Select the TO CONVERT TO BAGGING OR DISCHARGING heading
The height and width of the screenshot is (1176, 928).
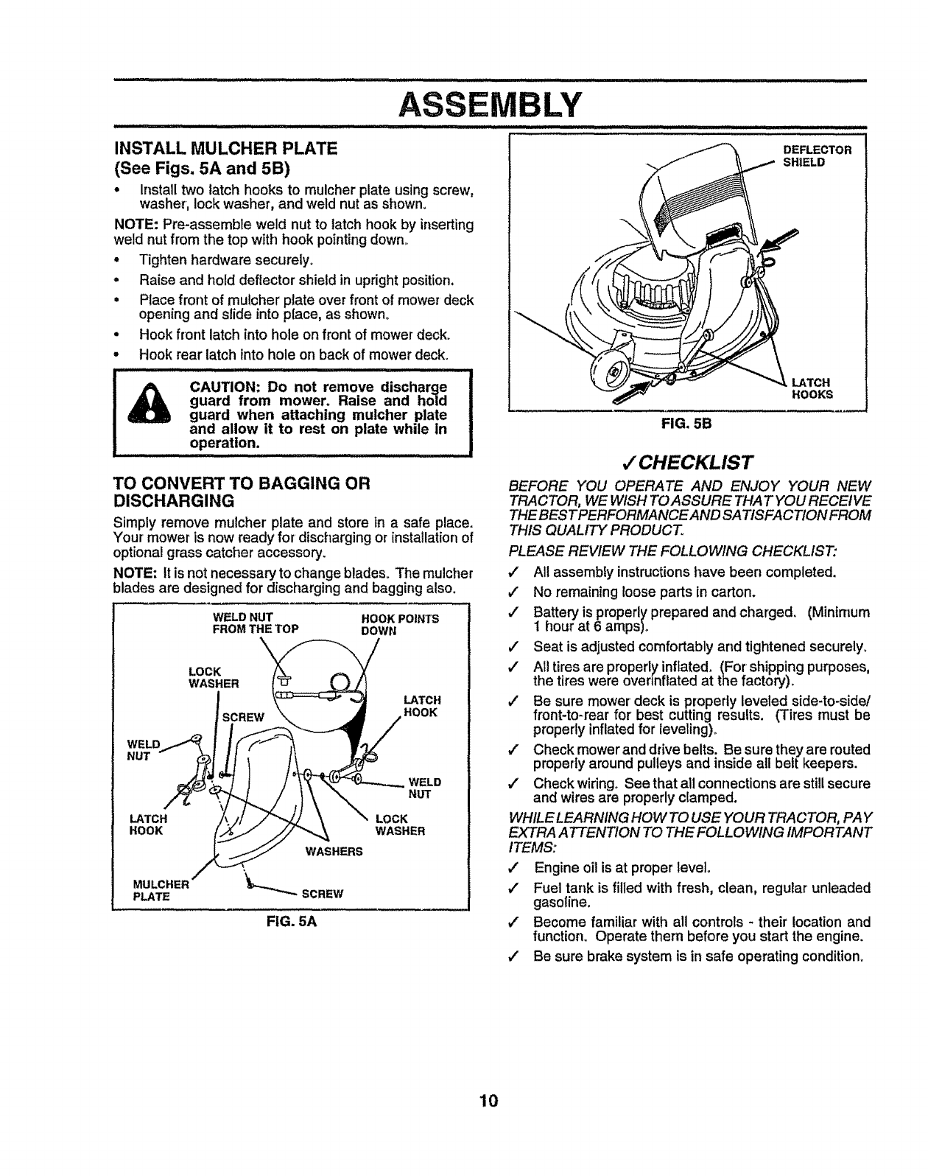click(x=239, y=492)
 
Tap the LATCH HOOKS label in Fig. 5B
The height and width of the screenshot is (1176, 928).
click(x=812, y=388)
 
